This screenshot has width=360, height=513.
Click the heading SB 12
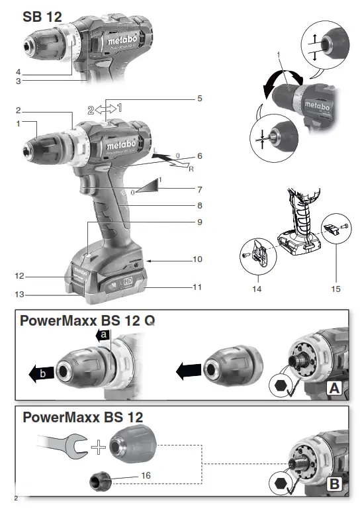tap(42, 18)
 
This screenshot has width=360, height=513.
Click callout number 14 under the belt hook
tap(256, 289)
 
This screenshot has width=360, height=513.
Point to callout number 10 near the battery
tap(197, 259)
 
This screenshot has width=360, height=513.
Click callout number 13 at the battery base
tap(19, 295)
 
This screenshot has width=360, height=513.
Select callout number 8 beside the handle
tap(198, 205)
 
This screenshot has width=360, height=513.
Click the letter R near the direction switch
tap(191, 169)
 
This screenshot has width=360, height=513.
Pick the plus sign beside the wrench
tap(99, 448)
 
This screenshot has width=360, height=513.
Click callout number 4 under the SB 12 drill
tap(19, 71)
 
